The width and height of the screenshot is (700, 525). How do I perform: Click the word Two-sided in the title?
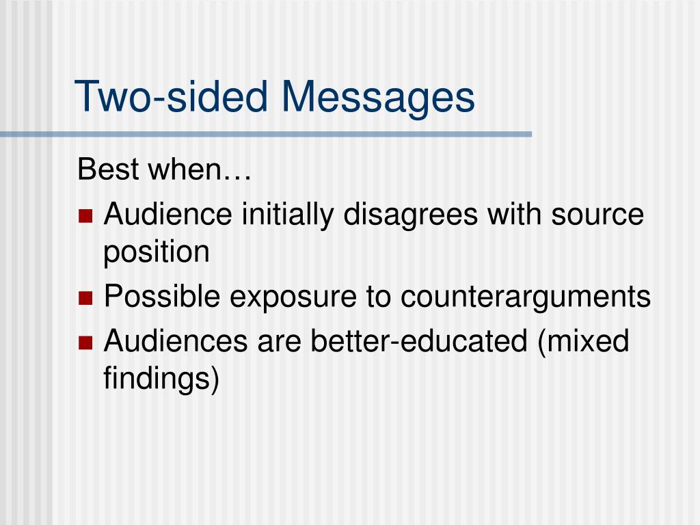tap(172, 96)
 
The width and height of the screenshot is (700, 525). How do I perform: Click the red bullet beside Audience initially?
tap(85, 217)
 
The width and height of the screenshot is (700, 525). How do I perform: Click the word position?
tap(156, 253)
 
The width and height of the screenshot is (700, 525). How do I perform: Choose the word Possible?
tap(162, 297)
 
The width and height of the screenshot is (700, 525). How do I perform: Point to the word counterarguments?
tap(526, 297)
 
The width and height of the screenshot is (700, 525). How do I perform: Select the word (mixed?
tap(583, 340)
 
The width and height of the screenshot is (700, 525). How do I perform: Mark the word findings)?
tap(161, 379)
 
